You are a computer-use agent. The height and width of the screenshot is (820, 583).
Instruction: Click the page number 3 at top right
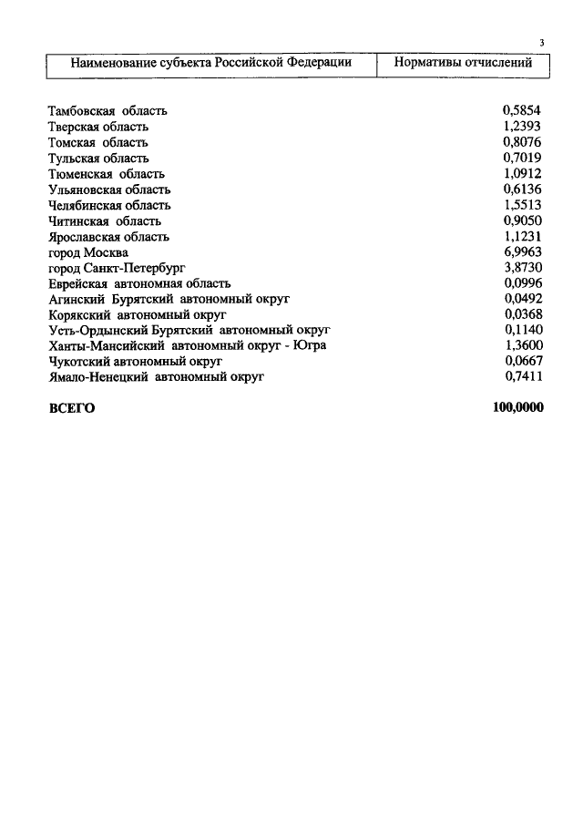[541, 43]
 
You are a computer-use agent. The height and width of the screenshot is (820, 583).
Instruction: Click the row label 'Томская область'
[97, 143]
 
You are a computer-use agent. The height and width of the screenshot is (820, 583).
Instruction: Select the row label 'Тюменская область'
[107, 174]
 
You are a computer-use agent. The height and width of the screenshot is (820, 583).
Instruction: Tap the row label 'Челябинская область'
[109, 205]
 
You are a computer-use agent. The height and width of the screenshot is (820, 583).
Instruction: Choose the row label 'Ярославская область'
[109, 237]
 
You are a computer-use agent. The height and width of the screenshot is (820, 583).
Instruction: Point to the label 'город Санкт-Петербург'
[116, 268]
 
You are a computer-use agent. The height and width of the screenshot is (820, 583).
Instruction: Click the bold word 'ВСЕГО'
[71, 408]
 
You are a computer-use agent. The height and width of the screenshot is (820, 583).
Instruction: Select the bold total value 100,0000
[517, 408]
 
